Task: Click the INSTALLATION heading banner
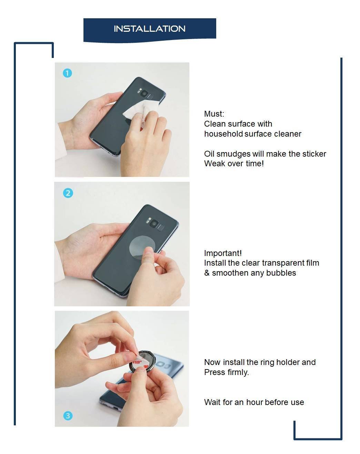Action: pyautogui.click(x=150, y=29)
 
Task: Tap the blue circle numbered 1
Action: pyautogui.click(x=67, y=73)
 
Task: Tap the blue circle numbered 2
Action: pyautogui.click(x=68, y=193)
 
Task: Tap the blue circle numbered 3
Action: pyautogui.click(x=68, y=416)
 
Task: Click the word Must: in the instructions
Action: pyautogui.click(x=214, y=114)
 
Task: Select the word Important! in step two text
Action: pyautogui.click(x=223, y=253)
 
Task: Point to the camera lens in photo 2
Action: pyautogui.click(x=154, y=224)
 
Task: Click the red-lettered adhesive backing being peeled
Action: pyautogui.click(x=137, y=362)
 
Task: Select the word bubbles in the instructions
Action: pyautogui.click(x=282, y=273)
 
